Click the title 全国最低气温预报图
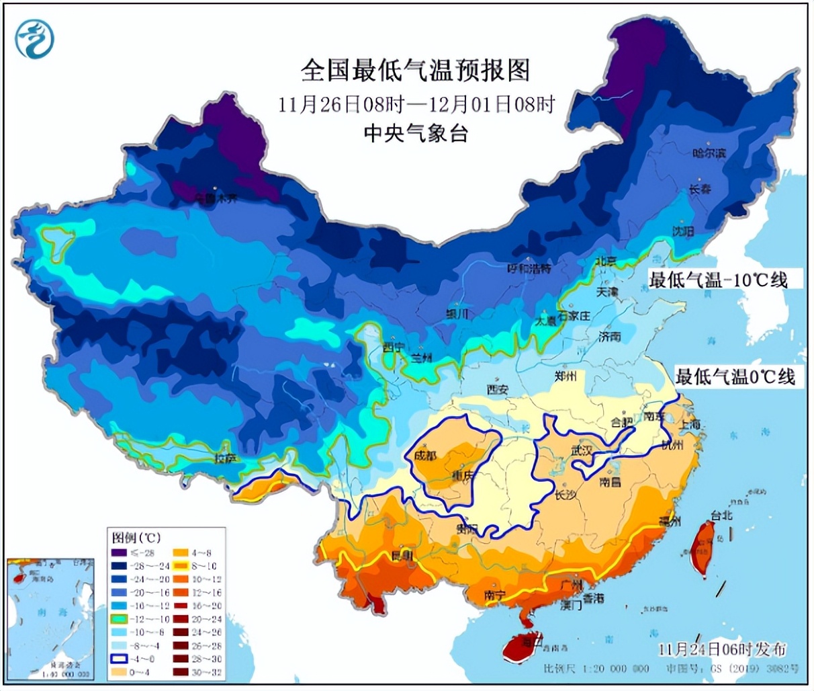416,70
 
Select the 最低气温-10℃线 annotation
717,280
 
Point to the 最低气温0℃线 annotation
735,376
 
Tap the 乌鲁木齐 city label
216,198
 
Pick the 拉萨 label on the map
225,458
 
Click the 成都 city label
424,456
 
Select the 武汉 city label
582,451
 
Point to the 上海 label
689,424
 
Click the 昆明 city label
402,555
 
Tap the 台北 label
721,516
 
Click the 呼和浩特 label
529,268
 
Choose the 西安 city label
498,389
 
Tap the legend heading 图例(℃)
136,538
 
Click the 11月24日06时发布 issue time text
721,649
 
